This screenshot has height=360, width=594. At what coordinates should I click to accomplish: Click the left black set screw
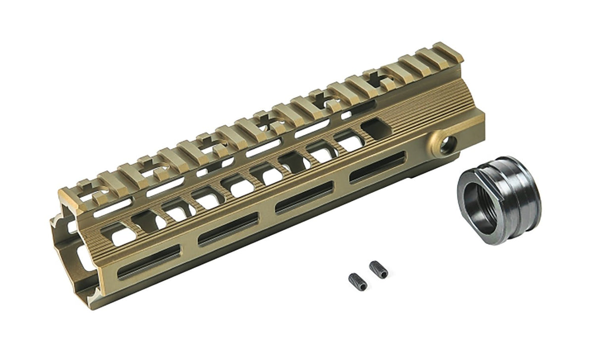[357, 282]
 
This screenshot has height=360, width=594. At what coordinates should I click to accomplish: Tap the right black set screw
[378, 269]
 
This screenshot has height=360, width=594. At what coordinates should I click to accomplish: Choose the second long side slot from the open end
[228, 229]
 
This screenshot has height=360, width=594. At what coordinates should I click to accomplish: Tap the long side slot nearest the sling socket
[377, 167]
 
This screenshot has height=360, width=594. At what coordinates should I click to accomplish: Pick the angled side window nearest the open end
[116, 233]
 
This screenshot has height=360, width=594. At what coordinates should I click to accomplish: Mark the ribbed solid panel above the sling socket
[436, 106]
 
